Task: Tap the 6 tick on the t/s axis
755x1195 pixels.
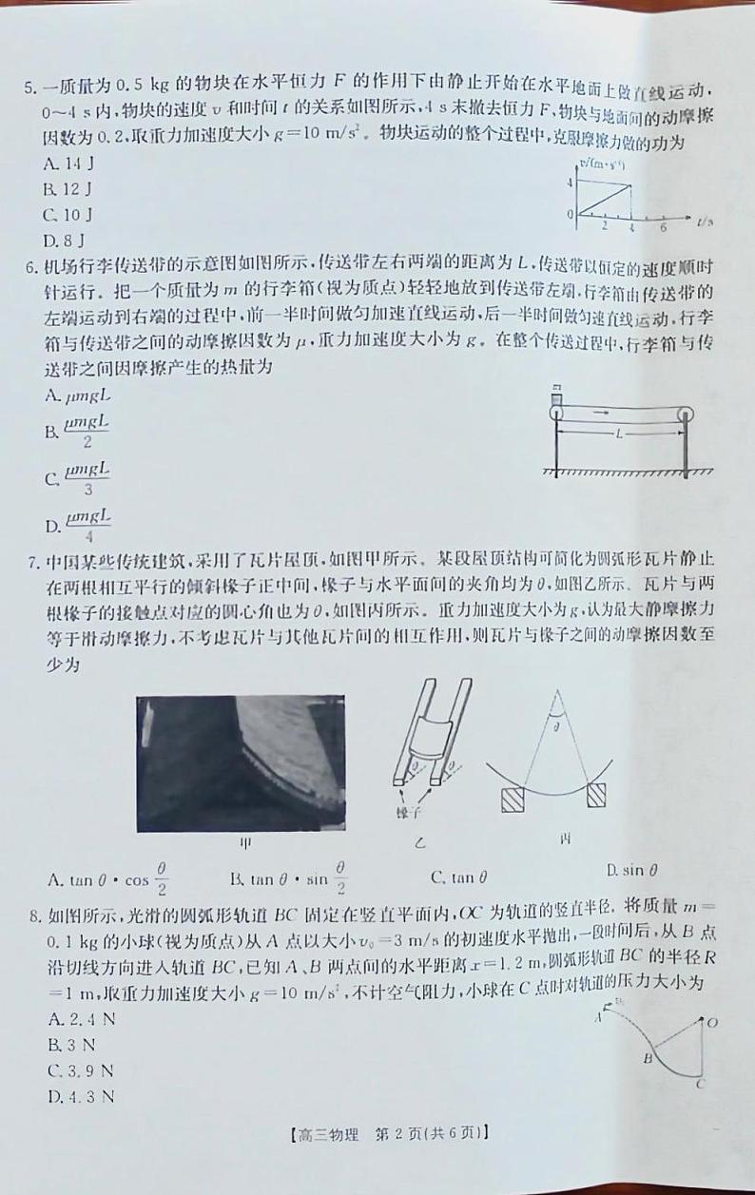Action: pos(663,226)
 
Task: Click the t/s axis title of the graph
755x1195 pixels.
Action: pos(704,222)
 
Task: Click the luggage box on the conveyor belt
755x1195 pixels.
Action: pos(556,401)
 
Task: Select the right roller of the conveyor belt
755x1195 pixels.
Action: pos(686,414)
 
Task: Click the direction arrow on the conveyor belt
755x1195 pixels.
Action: pos(601,414)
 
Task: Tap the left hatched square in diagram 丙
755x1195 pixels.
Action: pos(513,795)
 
